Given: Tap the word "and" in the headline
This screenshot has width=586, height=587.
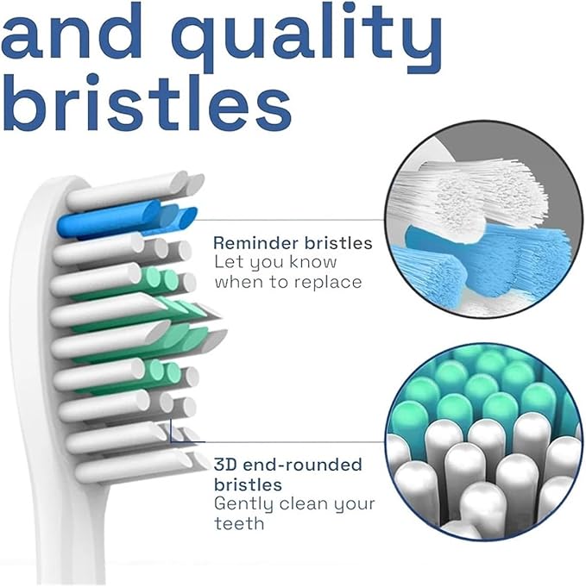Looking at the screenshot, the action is click(72, 31).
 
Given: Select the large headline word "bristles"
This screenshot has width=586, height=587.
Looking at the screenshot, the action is click(146, 102).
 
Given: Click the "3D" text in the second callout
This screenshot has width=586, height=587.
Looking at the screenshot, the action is click(226, 465).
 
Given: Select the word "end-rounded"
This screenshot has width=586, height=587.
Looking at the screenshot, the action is click(303, 465).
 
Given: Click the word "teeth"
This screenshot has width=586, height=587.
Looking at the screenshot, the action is click(239, 523).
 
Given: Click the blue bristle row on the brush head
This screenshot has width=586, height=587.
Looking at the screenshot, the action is click(127, 220).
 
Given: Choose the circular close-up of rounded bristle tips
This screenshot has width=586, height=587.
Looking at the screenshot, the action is click(483, 442).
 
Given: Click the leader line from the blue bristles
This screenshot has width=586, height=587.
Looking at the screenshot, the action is click(291, 220).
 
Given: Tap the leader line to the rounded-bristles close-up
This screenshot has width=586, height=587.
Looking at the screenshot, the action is click(277, 442).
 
